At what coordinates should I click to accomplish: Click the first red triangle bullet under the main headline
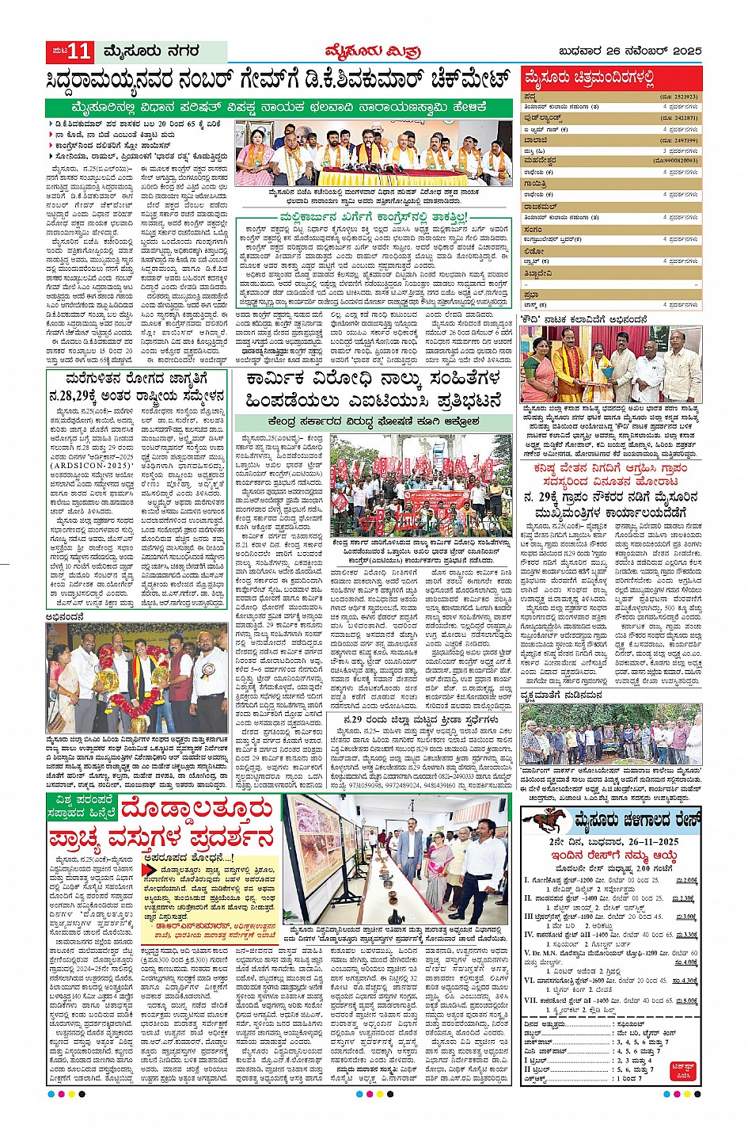click(51, 124)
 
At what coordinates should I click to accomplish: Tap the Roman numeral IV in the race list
click(529, 935)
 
